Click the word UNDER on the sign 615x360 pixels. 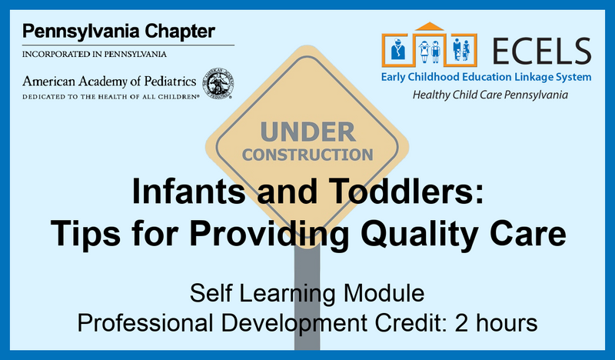308,132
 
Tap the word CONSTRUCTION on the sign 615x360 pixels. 307,155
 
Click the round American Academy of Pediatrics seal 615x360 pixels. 218,84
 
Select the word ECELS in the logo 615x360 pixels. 542,51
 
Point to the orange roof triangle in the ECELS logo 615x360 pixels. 430,26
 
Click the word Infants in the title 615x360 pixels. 188,191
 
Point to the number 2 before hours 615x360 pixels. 462,323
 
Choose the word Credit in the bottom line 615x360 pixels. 411,323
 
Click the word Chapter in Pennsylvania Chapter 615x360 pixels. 180,32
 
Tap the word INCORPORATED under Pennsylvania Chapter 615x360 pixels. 56,54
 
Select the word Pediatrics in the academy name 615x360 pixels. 170,82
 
